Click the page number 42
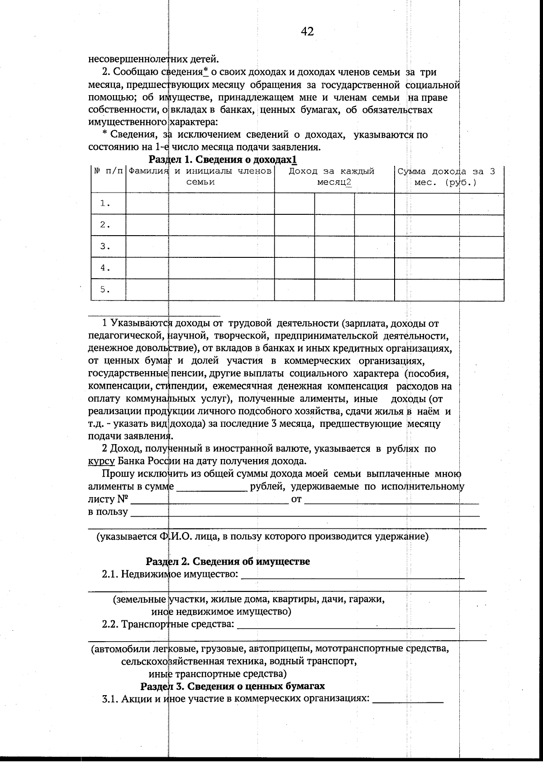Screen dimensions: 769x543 tap(307, 31)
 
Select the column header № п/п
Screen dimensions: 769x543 tap(108, 171)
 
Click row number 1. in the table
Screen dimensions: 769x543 tap(106, 203)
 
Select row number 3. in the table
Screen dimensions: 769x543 tap(106, 247)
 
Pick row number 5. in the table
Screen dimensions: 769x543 tap(106, 290)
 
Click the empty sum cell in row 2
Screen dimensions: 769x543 tap(449, 225)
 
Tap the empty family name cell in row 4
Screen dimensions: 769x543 tap(200, 268)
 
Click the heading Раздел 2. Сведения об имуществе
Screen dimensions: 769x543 tap(228, 561)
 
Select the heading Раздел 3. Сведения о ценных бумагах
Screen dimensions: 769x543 tap(233, 686)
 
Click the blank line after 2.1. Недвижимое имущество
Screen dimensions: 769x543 tap(353, 576)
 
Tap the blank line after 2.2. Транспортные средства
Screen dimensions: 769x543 tap(346, 625)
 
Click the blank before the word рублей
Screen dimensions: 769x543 tap(211, 488)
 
